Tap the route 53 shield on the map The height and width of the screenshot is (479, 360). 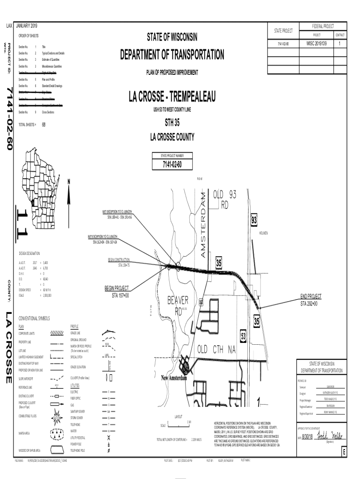pos(244,336)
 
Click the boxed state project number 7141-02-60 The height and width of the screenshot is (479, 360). pos(172,165)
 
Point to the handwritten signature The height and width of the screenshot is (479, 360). pos(330,435)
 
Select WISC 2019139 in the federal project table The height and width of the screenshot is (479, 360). pos(317,44)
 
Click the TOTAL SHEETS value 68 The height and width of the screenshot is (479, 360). pos(43,125)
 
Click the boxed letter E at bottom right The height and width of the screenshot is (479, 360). pos(344,452)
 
